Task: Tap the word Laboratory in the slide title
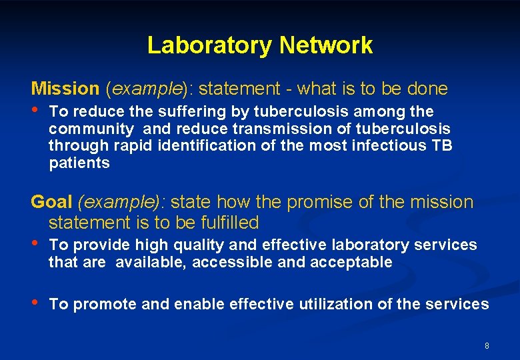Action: click(x=210, y=45)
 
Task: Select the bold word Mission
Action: click(x=65, y=88)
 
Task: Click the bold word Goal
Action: click(x=52, y=202)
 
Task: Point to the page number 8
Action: click(x=487, y=345)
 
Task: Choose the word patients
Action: click(x=79, y=163)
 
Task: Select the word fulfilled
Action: click(x=229, y=222)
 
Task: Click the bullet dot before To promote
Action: click(x=35, y=303)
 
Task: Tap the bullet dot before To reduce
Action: click(x=35, y=111)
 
